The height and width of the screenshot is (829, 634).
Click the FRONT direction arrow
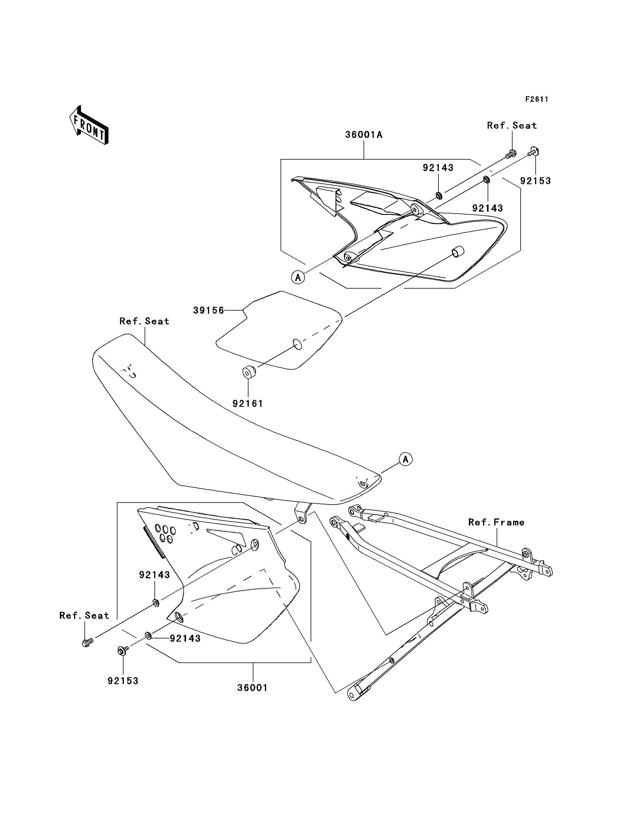[x=89, y=125]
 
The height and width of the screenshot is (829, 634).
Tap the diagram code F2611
[x=537, y=99]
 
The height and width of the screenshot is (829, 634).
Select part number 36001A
[x=364, y=135]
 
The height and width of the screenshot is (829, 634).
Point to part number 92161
[x=248, y=404]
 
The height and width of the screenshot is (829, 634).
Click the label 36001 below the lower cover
[x=253, y=688]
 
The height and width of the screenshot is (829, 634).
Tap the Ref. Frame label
[x=496, y=522]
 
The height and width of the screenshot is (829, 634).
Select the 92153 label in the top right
[x=535, y=181]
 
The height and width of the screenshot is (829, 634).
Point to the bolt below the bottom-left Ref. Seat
[x=87, y=642]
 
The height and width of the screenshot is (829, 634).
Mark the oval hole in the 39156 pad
[x=298, y=344]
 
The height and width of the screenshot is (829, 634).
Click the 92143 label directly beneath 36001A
[x=438, y=168]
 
